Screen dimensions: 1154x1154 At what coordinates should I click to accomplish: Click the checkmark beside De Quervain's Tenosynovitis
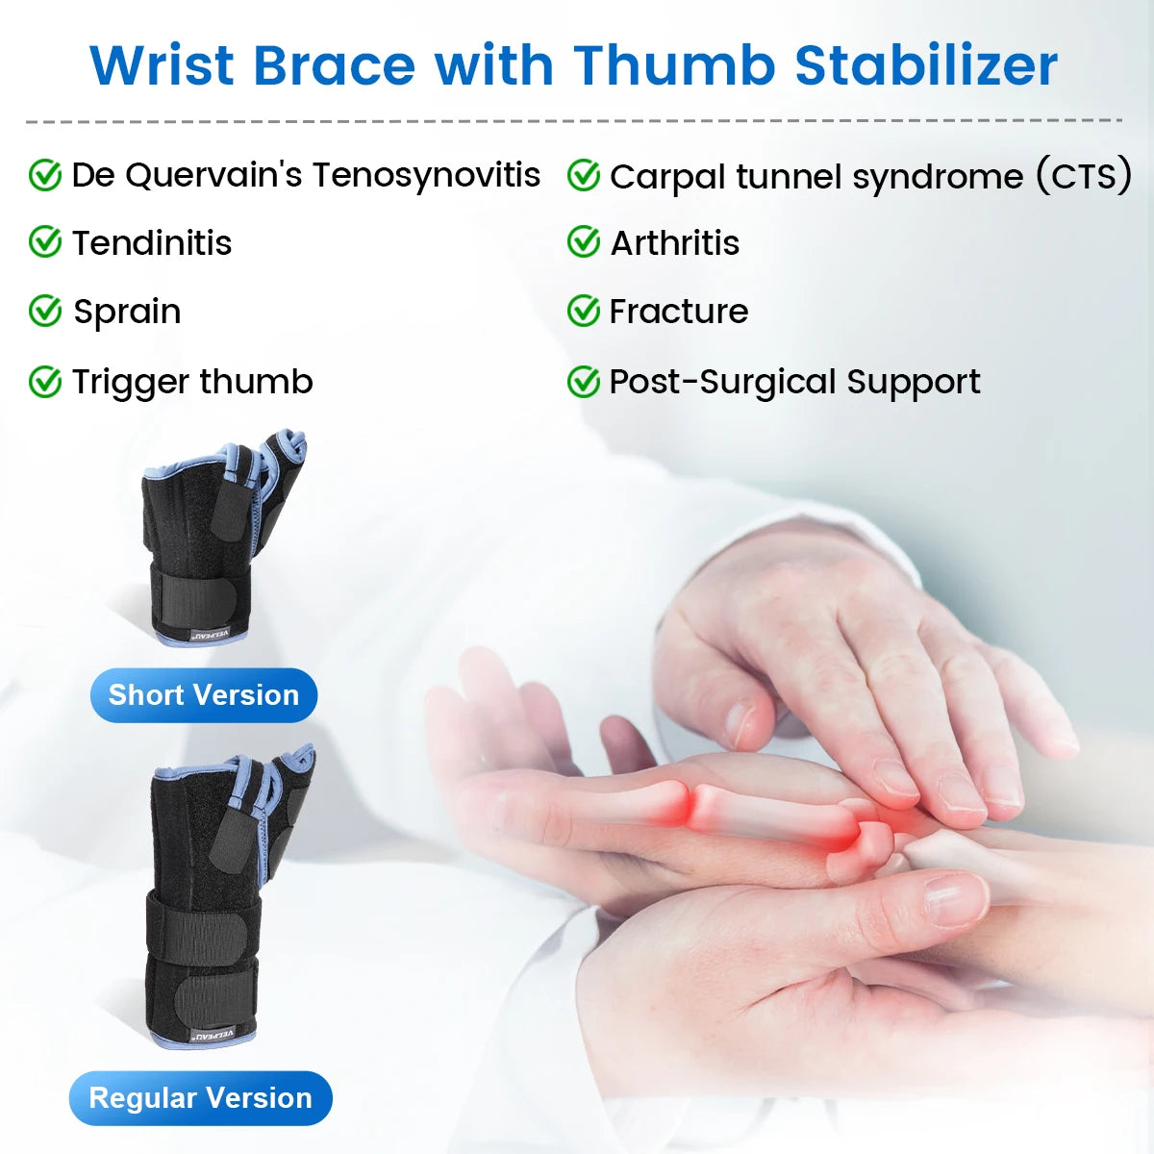click(44, 176)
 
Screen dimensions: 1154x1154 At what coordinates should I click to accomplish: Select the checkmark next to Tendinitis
click(44, 242)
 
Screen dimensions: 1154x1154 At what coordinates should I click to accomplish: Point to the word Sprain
click(127, 312)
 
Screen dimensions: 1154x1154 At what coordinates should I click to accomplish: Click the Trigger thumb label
click(192, 382)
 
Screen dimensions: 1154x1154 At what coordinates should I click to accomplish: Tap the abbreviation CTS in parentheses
click(1084, 176)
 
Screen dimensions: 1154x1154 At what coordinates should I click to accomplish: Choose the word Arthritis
click(675, 243)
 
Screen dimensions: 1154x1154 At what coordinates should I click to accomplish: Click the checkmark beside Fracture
click(583, 311)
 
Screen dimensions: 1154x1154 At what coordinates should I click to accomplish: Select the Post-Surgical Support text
click(794, 382)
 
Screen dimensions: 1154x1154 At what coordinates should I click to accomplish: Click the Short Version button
click(204, 695)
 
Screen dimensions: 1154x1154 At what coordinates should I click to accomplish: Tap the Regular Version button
click(200, 1098)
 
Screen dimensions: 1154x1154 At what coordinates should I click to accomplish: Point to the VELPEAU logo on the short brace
click(208, 635)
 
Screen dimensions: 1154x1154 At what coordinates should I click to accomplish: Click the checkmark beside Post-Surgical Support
click(583, 382)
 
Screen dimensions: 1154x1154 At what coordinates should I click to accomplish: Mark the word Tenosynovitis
click(426, 175)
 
